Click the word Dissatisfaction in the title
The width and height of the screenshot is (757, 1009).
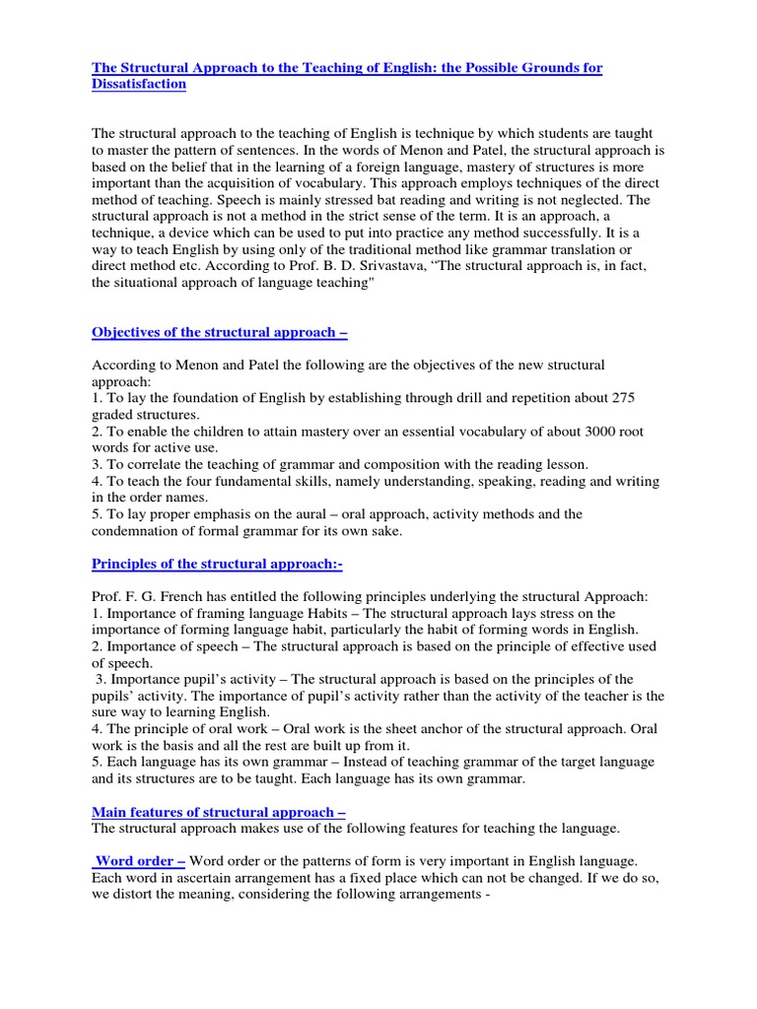(138, 85)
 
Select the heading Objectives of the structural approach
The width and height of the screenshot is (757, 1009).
(219, 333)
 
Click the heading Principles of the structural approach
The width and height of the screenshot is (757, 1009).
(217, 564)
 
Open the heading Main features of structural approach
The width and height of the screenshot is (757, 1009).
(218, 812)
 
